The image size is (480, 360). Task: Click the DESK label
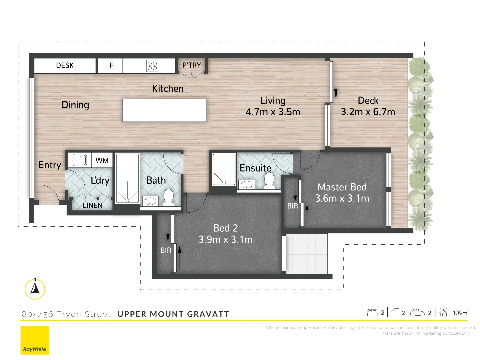click(65, 65)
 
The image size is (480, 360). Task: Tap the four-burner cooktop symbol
click(152, 66)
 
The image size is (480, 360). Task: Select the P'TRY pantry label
click(191, 65)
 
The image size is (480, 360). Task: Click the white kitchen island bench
click(165, 110)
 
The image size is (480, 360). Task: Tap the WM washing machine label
click(102, 160)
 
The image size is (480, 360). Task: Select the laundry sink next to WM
click(80, 160)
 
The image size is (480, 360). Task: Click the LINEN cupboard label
click(93, 205)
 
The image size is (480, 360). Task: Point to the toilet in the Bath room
click(168, 197)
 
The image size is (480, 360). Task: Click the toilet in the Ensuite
click(269, 180)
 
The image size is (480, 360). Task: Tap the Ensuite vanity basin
click(247, 185)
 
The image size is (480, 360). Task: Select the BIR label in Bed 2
click(166, 250)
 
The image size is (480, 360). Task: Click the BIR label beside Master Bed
click(293, 206)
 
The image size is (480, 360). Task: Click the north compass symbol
click(35, 289)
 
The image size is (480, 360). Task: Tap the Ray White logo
click(35, 340)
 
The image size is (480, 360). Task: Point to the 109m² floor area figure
click(460, 313)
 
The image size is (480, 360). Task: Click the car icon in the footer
click(417, 313)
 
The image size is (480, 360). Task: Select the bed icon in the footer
click(372, 313)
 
